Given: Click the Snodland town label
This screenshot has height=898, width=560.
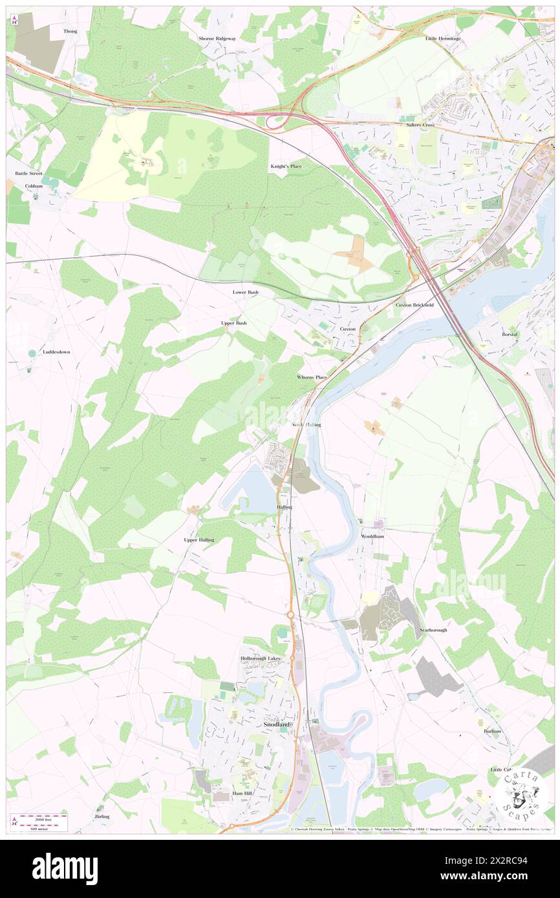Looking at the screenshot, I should (279, 725).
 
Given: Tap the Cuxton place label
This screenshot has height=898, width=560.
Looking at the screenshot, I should (348, 329).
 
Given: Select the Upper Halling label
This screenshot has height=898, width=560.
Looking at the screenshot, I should (199, 539).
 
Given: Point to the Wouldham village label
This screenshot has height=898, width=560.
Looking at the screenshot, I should (373, 536).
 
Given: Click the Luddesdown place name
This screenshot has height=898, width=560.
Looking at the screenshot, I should (56, 352).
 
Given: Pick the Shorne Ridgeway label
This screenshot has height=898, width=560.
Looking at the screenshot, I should (217, 39).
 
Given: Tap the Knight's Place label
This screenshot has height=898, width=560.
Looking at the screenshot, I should (286, 167).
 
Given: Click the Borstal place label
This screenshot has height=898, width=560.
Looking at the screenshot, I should (510, 334).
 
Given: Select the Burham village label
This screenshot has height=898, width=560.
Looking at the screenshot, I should (492, 731).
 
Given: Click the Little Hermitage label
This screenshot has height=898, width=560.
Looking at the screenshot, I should (443, 39).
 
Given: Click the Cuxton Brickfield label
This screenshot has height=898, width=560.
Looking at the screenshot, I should (415, 304).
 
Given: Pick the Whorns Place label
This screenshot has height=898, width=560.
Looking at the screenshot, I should (312, 377).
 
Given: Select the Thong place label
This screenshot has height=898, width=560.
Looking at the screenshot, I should (70, 31).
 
